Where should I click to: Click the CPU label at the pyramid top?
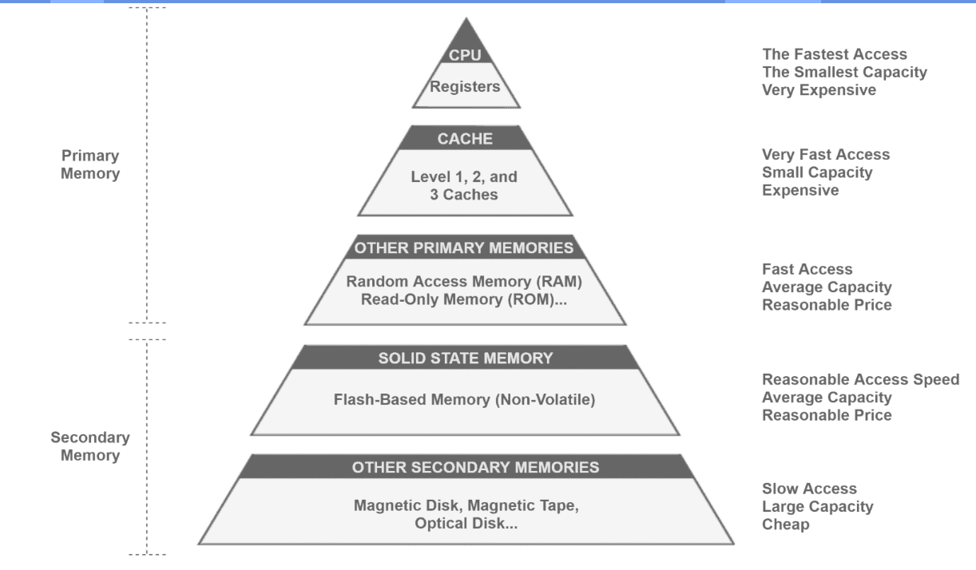465,55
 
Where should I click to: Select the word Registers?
465,86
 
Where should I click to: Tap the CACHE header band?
465,138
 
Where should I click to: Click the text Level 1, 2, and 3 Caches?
464,185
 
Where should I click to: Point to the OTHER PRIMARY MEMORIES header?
463,247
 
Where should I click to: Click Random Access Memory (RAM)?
464,281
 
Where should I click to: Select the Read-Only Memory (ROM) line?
464,299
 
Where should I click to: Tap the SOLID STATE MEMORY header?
466,358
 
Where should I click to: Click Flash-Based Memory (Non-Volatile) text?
465,400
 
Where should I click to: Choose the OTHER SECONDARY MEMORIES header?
475,467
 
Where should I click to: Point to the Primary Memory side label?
90,164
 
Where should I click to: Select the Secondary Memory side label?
90,446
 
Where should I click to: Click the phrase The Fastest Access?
835,54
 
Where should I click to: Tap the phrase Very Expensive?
819,89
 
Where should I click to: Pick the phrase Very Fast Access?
826,154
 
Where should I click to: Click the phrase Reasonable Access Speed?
860,379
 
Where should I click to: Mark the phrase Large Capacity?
817,506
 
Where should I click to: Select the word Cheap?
786,524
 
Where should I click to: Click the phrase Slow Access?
809,489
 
